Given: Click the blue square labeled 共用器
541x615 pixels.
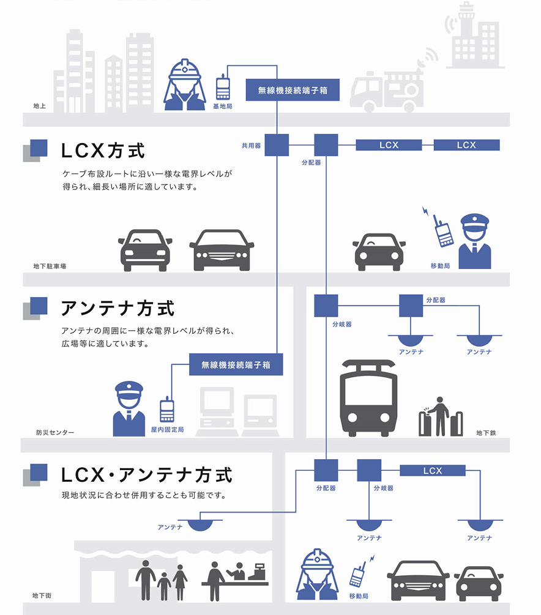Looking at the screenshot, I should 277,145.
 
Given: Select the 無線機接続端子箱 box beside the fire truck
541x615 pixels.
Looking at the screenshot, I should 293,90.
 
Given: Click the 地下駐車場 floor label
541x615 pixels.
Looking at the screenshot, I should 50,267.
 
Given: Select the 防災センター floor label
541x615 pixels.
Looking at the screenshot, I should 54,432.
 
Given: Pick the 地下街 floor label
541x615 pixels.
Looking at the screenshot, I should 42,595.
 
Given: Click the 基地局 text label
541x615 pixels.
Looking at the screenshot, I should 222,106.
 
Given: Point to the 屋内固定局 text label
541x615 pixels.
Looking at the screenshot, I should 167,430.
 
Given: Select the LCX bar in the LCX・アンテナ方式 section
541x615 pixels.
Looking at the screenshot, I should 432,471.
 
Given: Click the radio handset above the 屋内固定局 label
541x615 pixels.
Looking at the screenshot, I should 166,410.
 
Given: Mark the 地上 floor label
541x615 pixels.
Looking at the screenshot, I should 39,106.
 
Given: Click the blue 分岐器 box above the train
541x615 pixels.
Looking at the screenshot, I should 326,306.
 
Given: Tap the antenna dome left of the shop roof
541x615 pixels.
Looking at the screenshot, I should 200,525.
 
